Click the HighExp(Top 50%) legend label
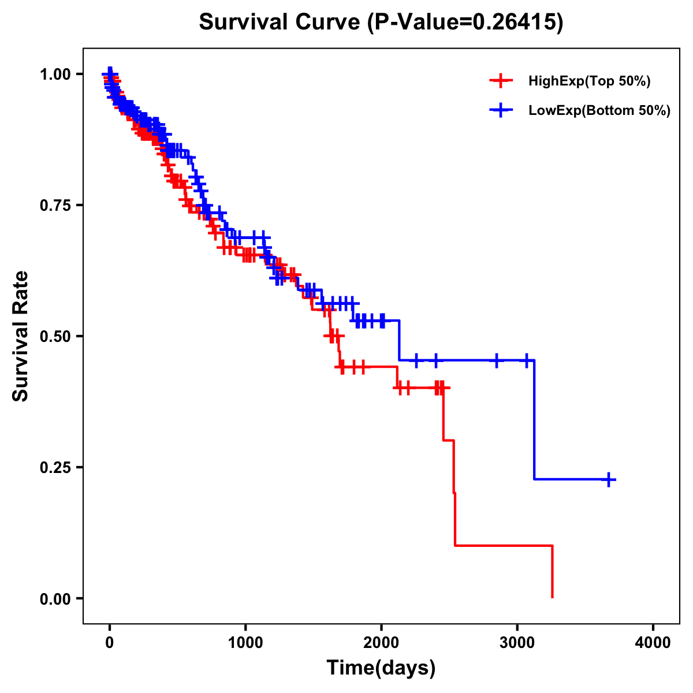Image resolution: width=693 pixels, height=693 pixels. pyautogui.click(x=589, y=81)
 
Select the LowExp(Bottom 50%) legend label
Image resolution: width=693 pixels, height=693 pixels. pyautogui.click(x=599, y=111)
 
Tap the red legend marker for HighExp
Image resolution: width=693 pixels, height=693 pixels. pyautogui.click(x=501, y=81)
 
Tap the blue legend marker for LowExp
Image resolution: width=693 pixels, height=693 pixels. pyautogui.click(x=501, y=111)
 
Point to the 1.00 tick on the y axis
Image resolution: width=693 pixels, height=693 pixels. pyautogui.click(x=55, y=74)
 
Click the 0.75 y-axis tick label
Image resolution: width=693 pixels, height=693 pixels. pyautogui.click(x=55, y=206)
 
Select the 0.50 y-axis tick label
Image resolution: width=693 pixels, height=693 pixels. pyautogui.click(x=55, y=337)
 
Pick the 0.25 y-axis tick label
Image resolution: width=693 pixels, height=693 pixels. pyautogui.click(x=55, y=468)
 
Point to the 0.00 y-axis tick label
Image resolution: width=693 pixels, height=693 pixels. pyautogui.click(x=55, y=599)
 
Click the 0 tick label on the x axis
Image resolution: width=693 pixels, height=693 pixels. pyautogui.click(x=110, y=643)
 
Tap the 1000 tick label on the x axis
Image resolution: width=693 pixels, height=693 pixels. pyautogui.click(x=245, y=643)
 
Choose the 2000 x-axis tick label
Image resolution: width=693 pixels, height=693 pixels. pyautogui.click(x=381, y=643)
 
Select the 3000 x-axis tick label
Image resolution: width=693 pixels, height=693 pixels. pyautogui.click(x=517, y=643)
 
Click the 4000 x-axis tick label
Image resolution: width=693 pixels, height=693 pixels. pyautogui.click(x=653, y=643)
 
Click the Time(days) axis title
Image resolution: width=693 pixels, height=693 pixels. pyautogui.click(x=381, y=668)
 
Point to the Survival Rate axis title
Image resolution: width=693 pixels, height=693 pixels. pyautogui.click(x=21, y=336)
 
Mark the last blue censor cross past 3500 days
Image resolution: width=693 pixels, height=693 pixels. pyautogui.click(x=609, y=479)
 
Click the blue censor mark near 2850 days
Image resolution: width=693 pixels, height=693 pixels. pyautogui.click(x=496, y=360)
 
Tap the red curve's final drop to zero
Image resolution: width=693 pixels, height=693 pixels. pyautogui.click(x=553, y=572)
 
